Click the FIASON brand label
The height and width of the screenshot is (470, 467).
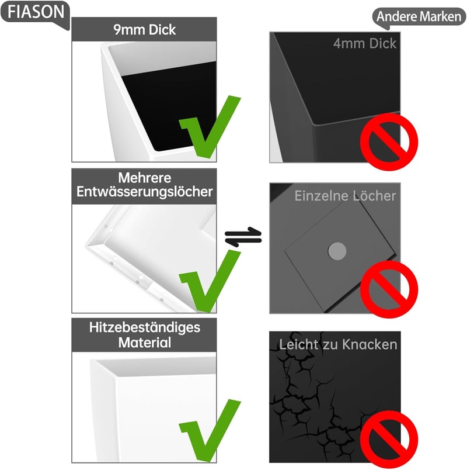coord(36,13)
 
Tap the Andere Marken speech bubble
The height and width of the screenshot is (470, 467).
coord(419,17)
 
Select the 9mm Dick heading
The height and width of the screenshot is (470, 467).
coord(144,30)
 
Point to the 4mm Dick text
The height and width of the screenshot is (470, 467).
coord(365,44)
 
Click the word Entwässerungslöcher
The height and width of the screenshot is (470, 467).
coord(144,192)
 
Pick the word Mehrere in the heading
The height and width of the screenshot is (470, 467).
coord(145,178)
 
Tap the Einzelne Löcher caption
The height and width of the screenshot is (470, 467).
coord(345,196)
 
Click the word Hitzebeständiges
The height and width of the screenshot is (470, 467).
coord(145,327)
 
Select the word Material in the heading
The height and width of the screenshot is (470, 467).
coord(145,343)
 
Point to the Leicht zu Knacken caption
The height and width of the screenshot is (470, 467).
coord(338,345)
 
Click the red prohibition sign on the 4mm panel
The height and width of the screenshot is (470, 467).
coord(389,142)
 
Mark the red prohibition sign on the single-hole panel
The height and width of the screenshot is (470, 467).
coord(389,289)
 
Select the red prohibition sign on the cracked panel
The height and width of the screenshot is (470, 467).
coord(389,439)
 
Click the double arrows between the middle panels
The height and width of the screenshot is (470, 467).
coord(243,237)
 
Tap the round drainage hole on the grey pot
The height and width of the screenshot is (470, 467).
coord(337,251)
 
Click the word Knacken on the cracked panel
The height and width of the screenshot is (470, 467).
coord(370,345)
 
